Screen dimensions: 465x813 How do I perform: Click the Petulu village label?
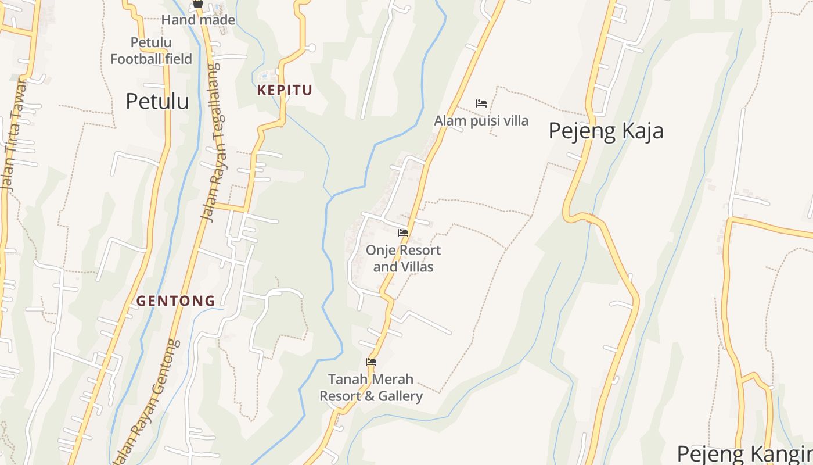pyautogui.click(x=157, y=101)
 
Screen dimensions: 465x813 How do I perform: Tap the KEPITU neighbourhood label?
pyautogui.click(x=285, y=90)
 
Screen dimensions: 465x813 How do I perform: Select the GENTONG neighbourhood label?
pyautogui.click(x=175, y=301)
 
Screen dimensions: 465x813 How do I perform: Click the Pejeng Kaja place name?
pyautogui.click(x=606, y=131)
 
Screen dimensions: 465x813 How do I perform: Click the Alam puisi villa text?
pyautogui.click(x=481, y=121)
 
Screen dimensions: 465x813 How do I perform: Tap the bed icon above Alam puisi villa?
pyautogui.click(x=481, y=103)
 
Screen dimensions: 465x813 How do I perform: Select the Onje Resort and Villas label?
pyautogui.click(x=403, y=259)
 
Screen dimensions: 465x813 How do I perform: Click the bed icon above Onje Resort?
pyautogui.click(x=403, y=233)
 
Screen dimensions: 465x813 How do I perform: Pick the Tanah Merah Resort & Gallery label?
pyautogui.click(x=371, y=388)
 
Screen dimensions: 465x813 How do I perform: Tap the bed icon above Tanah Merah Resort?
pyautogui.click(x=371, y=362)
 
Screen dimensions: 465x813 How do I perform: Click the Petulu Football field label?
pyautogui.click(x=151, y=51)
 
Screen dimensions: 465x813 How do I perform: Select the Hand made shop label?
pyautogui.click(x=198, y=20)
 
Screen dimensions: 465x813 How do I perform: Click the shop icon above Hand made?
pyautogui.click(x=198, y=3)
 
